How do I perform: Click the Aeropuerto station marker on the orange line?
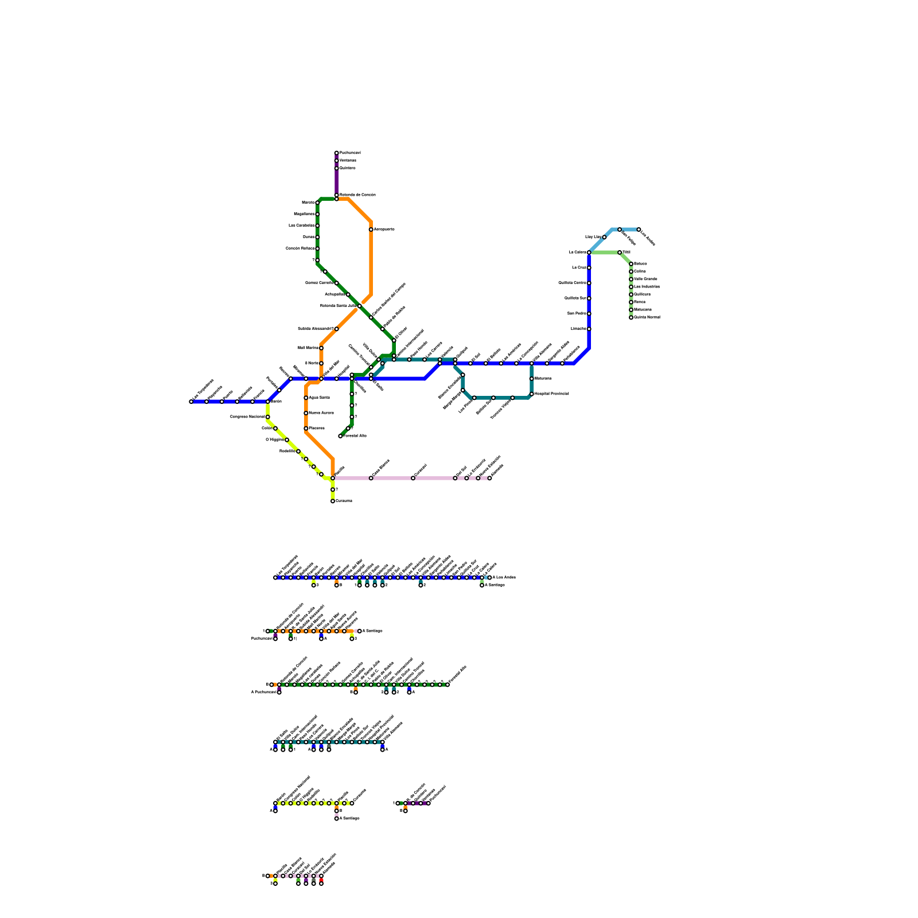click(x=371, y=229)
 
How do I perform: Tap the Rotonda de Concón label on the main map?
click(x=357, y=195)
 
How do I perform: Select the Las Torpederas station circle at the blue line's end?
click(x=191, y=402)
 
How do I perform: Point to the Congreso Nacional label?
click(x=247, y=417)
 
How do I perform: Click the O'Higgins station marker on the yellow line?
click(x=287, y=440)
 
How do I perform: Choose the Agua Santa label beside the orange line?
click(x=319, y=398)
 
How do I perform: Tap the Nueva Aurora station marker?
click(x=306, y=413)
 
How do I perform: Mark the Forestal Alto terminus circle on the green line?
click(x=340, y=436)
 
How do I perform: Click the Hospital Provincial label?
click(x=551, y=394)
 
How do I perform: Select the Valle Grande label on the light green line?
click(x=645, y=279)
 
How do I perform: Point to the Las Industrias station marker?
click(x=631, y=287)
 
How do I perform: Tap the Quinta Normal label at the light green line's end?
click(x=647, y=317)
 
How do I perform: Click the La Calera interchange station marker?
click(x=589, y=252)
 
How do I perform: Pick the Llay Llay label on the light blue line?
click(x=593, y=237)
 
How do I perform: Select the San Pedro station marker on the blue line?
click(x=589, y=314)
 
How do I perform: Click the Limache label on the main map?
click(x=578, y=329)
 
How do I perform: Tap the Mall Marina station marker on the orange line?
click(x=321, y=348)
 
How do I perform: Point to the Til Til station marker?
click(x=620, y=252)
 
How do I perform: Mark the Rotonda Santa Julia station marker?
click(x=360, y=306)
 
